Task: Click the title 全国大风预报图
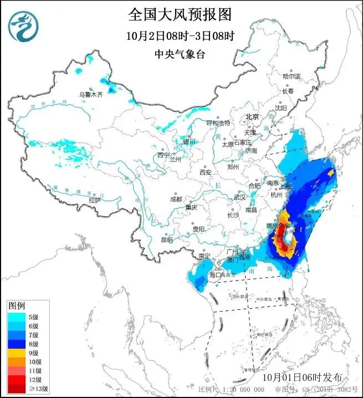click(181, 14)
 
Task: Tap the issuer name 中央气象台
click(181, 54)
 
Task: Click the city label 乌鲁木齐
click(90, 95)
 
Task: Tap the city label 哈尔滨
click(291, 76)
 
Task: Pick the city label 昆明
click(166, 240)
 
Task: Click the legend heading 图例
click(17, 306)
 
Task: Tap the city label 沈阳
click(281, 108)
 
